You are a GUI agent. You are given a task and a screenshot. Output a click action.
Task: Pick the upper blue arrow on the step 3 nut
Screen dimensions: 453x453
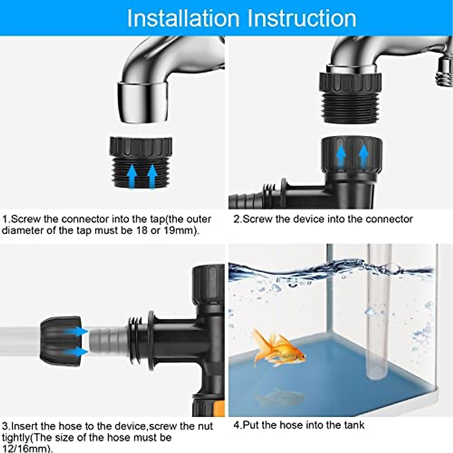click(x=79, y=331)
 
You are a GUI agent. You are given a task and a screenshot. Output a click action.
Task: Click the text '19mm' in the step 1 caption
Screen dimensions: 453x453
click(x=178, y=231)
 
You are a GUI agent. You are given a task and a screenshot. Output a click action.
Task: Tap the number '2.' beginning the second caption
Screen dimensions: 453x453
click(x=237, y=219)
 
